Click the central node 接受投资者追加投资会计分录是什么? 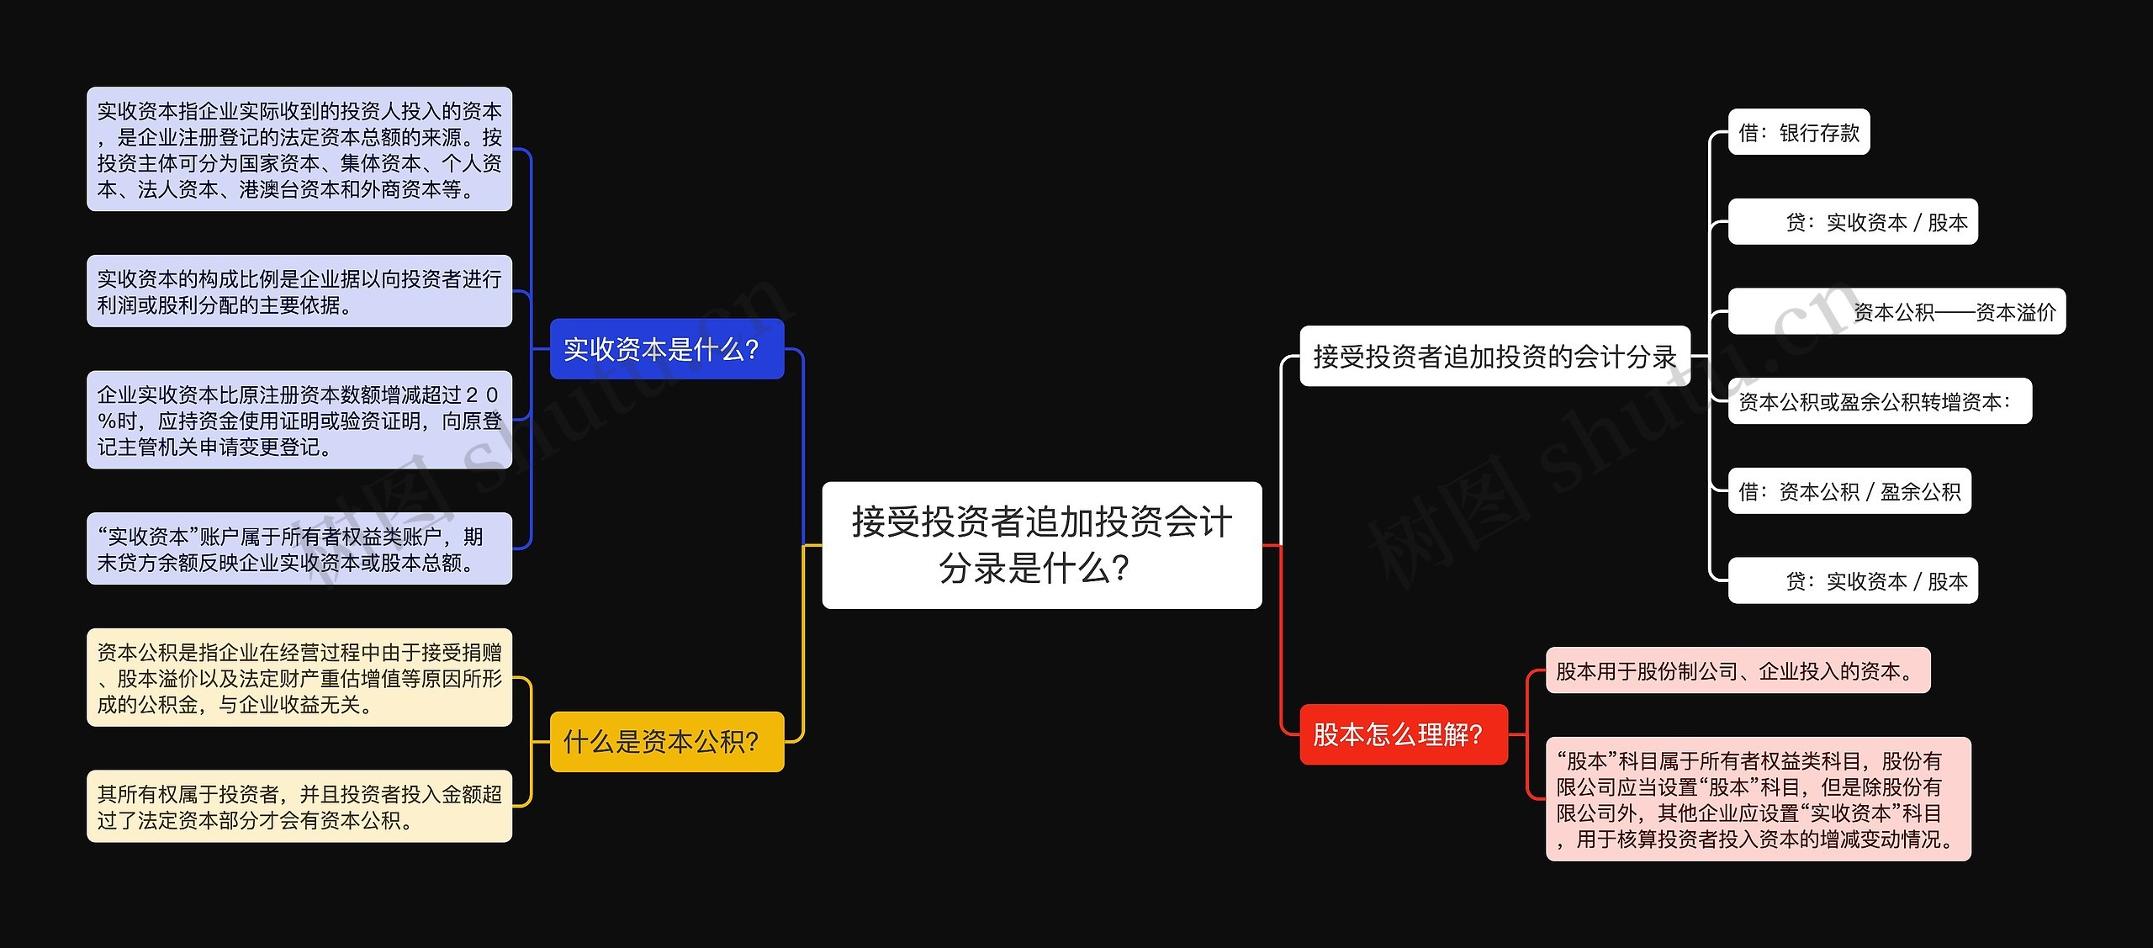click(1041, 544)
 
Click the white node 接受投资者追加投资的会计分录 click(1494, 356)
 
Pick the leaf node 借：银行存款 click(1798, 132)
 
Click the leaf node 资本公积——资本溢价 click(1896, 311)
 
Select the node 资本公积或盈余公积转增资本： click(1879, 401)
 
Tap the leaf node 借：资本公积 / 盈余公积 click(1849, 491)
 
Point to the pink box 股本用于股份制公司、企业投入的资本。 click(1737, 670)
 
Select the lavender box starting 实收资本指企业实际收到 click(299, 149)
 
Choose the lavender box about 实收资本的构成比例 click(299, 291)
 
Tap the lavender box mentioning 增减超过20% click(299, 420)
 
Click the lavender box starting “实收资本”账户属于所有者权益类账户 click(299, 548)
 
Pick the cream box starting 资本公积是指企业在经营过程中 click(299, 677)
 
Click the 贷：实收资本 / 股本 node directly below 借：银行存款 click(1852, 222)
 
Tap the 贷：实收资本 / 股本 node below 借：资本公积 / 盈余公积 click(1852, 580)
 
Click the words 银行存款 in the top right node click(1819, 133)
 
